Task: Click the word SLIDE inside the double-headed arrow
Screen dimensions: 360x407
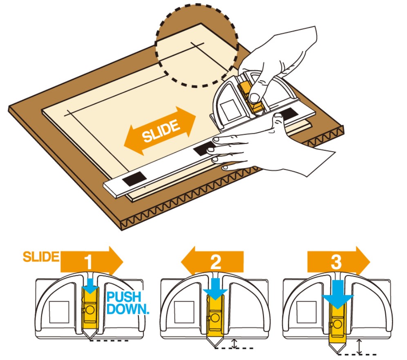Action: (x=161, y=131)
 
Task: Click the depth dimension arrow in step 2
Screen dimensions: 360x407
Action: (x=233, y=343)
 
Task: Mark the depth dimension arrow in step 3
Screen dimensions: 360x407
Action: (x=359, y=347)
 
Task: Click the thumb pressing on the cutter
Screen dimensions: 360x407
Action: (x=255, y=96)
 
